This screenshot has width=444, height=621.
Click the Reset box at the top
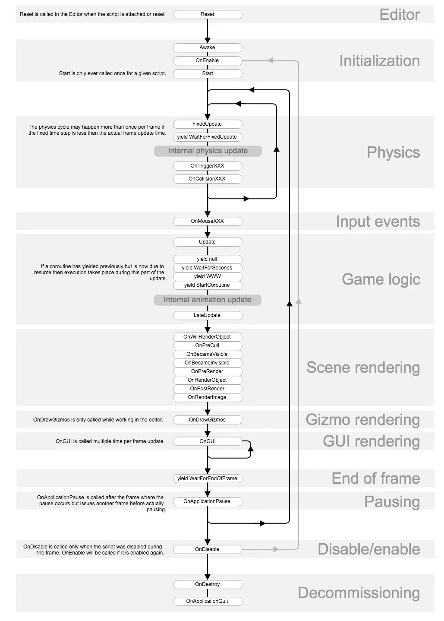pyautogui.click(x=208, y=14)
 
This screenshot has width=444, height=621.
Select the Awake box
pyautogui.click(x=208, y=48)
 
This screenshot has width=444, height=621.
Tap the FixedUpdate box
pyautogui.click(x=208, y=124)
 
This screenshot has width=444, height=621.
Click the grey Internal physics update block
pyautogui.click(x=208, y=151)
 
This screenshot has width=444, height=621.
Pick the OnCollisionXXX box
pyautogui.click(x=208, y=179)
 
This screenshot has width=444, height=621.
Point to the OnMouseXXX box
pyautogui.click(x=208, y=221)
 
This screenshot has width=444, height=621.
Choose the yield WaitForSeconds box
pyautogui.click(x=208, y=268)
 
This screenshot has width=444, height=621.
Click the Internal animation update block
pyautogui.click(x=208, y=300)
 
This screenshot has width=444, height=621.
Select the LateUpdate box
pyautogui.click(x=208, y=315)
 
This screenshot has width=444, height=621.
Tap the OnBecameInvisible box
pyautogui.click(x=208, y=363)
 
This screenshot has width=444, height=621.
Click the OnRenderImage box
pyautogui.click(x=208, y=397)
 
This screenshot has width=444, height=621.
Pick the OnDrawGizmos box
pyautogui.click(x=208, y=420)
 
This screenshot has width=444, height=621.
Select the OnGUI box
pyautogui.click(x=208, y=441)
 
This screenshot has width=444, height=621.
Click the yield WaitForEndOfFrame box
pyautogui.click(x=208, y=478)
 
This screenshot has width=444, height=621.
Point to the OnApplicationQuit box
pyautogui.click(x=208, y=601)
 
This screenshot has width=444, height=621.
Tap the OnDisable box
pyautogui.click(x=208, y=549)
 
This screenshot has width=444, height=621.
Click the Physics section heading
pyautogui.click(x=393, y=152)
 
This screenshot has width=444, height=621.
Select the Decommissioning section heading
pyautogui.click(x=359, y=593)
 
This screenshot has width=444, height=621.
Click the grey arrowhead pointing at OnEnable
pyautogui.click(x=270, y=60)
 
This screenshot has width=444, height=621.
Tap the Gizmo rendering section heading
pyautogui.click(x=362, y=420)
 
